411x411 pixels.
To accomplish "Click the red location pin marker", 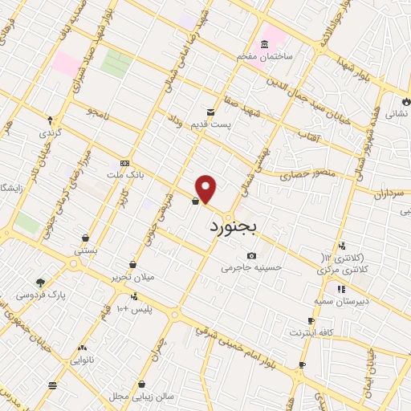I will (x=206, y=189).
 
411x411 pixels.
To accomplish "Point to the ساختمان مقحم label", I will (x=262, y=58).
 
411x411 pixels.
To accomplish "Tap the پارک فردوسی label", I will (x=39, y=295).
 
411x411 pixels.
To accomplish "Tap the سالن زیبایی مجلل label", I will (x=142, y=396).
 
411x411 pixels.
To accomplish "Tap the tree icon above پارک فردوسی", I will (x=40, y=282).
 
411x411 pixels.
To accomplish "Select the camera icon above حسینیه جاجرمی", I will (x=251, y=255).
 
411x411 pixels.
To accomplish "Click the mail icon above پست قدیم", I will (x=210, y=112).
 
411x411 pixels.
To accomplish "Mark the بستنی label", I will (x=86, y=250).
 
